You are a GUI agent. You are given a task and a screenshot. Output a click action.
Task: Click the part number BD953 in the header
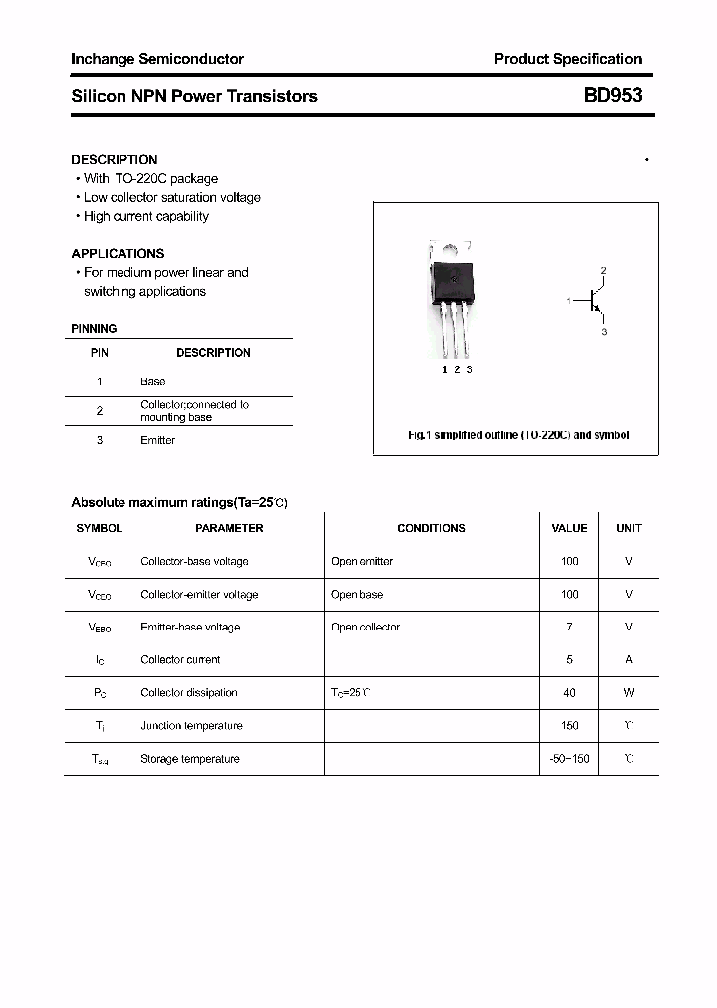(x=612, y=96)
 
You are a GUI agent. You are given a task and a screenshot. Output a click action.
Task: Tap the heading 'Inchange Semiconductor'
(x=157, y=59)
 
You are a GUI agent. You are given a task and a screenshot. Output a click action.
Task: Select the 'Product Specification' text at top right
(x=568, y=59)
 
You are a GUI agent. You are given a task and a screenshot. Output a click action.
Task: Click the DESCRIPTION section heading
(x=115, y=159)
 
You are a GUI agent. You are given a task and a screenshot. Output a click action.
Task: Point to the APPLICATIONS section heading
(x=118, y=253)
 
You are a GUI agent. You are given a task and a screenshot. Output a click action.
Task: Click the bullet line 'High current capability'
(x=145, y=216)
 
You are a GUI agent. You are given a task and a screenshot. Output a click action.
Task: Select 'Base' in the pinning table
(x=153, y=381)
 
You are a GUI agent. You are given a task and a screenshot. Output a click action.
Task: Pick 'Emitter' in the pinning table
(x=157, y=440)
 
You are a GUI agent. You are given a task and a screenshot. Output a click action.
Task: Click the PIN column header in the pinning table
(x=100, y=353)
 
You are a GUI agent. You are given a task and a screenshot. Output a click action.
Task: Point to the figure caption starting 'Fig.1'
(x=519, y=435)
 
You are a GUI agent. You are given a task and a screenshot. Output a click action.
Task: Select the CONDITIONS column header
(x=431, y=528)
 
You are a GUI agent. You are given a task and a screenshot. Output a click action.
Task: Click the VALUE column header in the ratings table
(x=569, y=528)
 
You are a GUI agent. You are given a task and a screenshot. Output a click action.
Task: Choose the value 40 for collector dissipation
(x=569, y=692)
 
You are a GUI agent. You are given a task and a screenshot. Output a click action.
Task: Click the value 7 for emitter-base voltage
(x=569, y=627)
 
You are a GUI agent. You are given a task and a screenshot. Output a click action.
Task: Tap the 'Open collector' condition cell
(x=365, y=627)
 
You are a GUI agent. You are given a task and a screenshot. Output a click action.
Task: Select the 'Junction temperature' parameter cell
(x=191, y=725)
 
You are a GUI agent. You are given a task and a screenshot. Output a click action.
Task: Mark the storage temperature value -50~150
(x=569, y=759)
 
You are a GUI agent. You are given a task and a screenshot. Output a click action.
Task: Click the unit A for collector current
(x=629, y=659)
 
